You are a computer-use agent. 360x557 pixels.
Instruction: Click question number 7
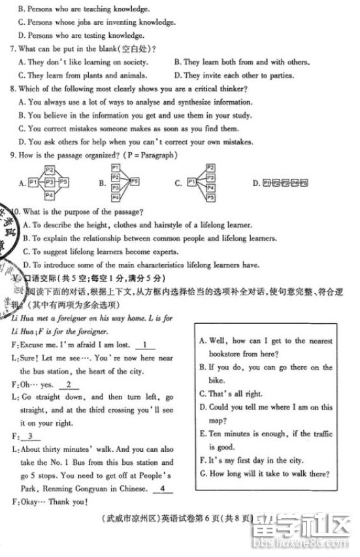(13, 49)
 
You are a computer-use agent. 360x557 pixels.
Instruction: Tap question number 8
(13, 89)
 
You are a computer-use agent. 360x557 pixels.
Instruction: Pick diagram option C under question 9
(201, 183)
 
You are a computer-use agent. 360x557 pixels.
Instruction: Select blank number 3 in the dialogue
(30, 436)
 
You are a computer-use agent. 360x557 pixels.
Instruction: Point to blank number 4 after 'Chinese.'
(162, 489)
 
